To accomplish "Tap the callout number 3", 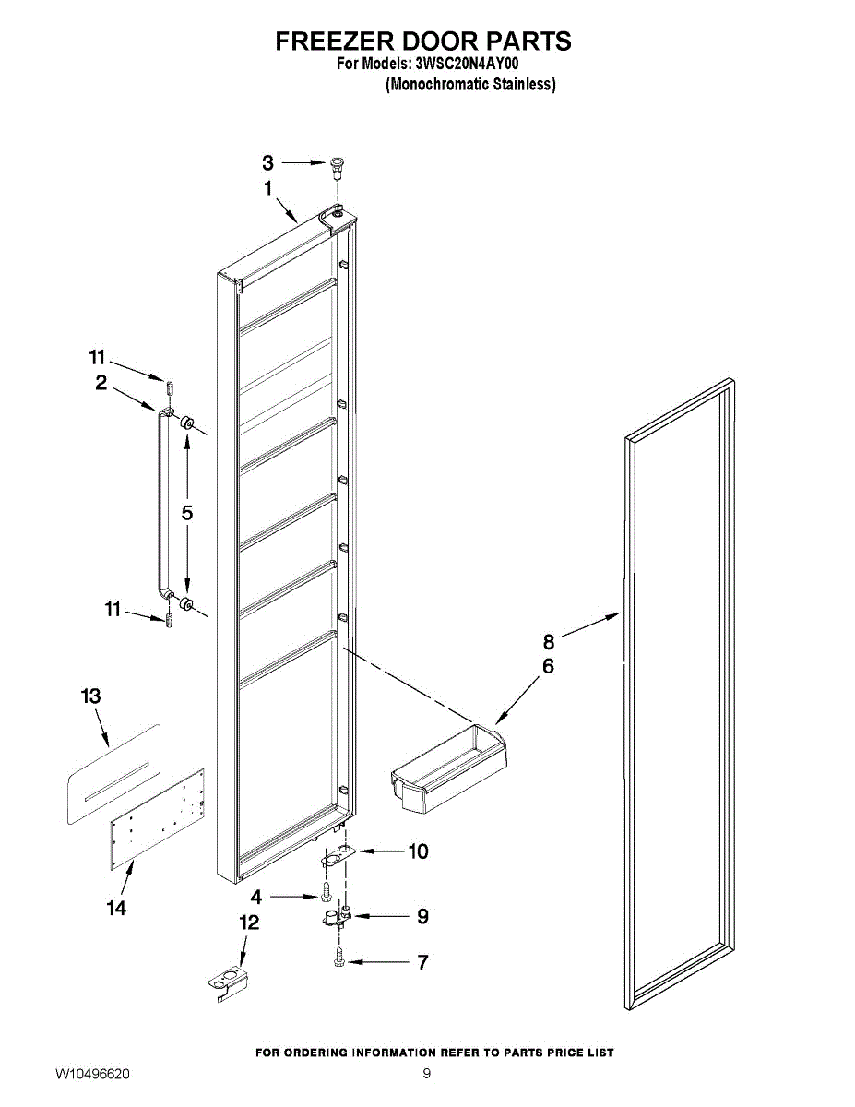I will [x=267, y=163].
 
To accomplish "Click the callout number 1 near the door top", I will [x=268, y=188].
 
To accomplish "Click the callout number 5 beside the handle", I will [x=187, y=514].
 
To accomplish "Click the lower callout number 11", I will [x=113, y=609].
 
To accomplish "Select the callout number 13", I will [x=90, y=696].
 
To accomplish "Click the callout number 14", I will [x=115, y=909].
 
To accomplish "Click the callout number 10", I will [x=418, y=851].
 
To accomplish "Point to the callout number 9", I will [x=422, y=916].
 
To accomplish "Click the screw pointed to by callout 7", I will [x=339, y=959].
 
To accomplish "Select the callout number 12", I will [x=249, y=922].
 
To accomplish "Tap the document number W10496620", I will [x=92, y=1075].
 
